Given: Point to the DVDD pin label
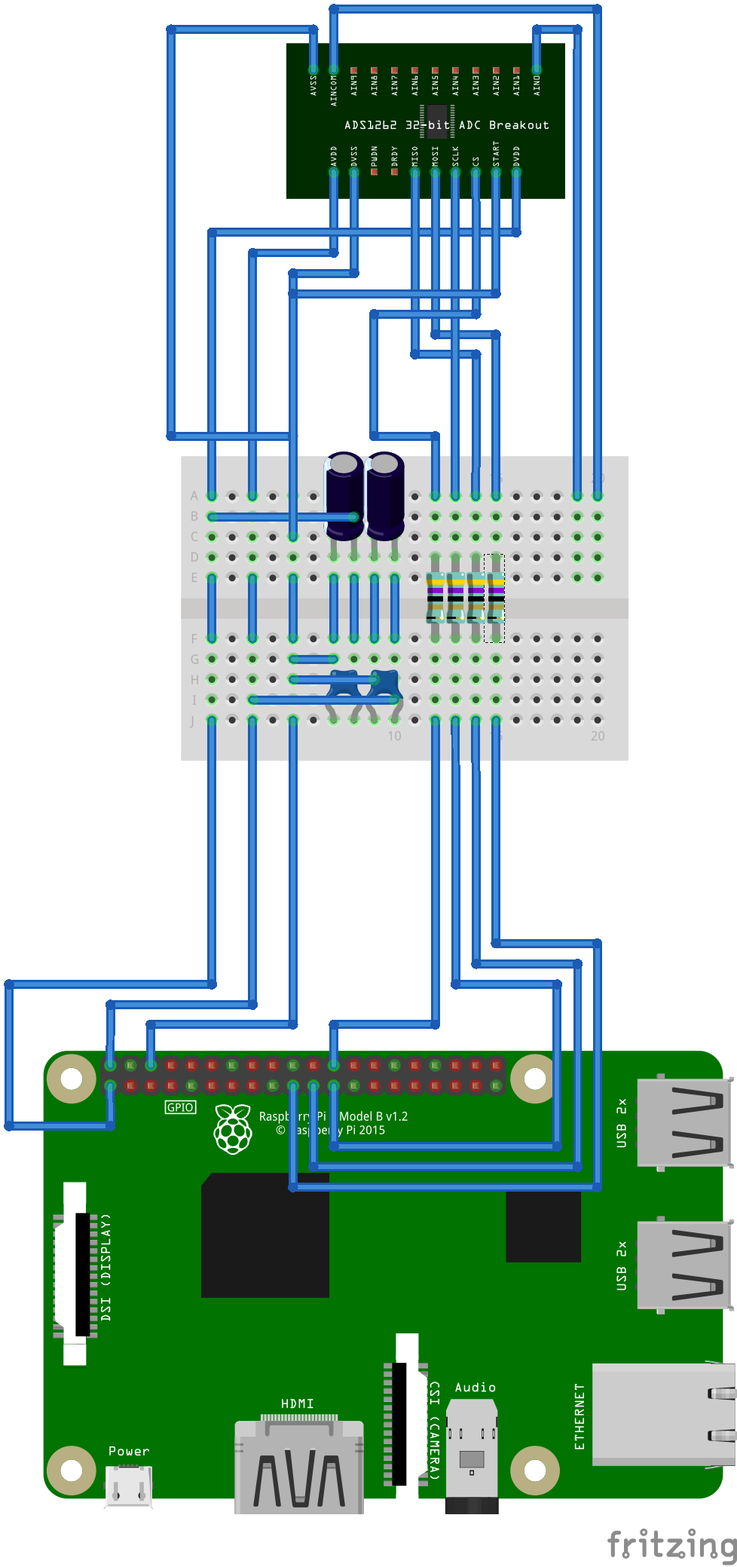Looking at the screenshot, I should [516, 156].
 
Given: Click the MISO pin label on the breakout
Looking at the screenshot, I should [414, 156].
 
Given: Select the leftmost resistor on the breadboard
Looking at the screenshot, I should [435, 597].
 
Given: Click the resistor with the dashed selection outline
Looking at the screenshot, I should [494, 597].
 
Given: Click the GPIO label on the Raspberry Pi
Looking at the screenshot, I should [180, 1107].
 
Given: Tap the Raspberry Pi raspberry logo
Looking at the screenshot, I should [234, 1128].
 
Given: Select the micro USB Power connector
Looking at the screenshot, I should [129, 1486].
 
